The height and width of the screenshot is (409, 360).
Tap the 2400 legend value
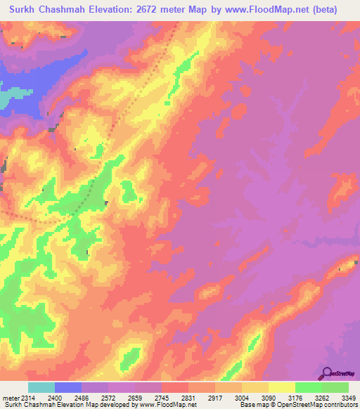coord(64,398)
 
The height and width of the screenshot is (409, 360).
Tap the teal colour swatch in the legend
coord(41,387)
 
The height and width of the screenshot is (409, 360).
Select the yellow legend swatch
coord(282,387)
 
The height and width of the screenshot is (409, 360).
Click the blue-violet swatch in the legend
coord(68,387)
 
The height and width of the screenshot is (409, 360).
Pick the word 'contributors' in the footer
coord(340,405)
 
